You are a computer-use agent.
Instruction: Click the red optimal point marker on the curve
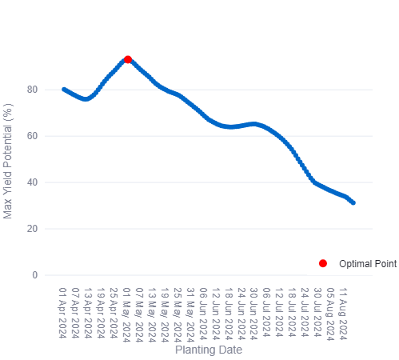click(x=128, y=60)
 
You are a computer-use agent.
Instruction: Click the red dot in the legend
click(x=323, y=263)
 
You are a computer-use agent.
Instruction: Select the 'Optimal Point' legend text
click(x=368, y=263)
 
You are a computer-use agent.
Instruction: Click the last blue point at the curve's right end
click(x=353, y=202)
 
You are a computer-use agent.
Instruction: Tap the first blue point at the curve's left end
click(x=64, y=89)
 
